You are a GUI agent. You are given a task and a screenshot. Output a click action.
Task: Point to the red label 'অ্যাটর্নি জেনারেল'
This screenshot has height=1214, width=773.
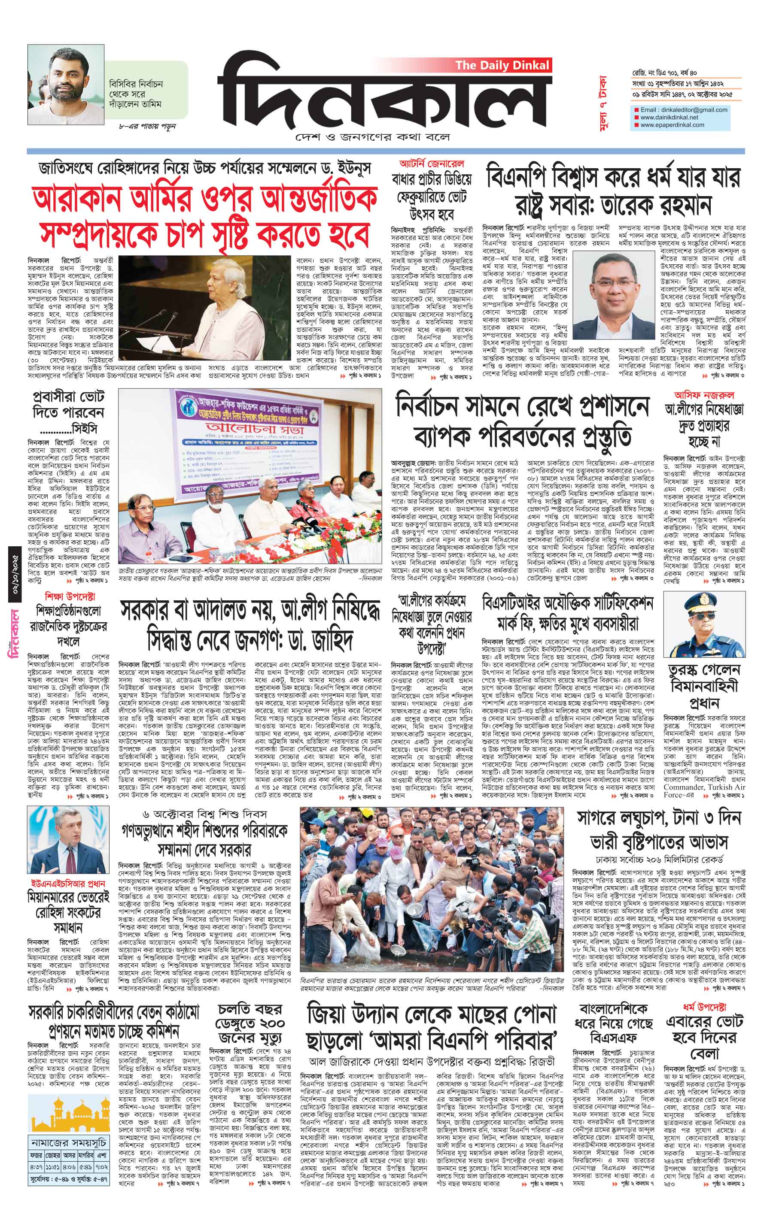click(432, 164)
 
